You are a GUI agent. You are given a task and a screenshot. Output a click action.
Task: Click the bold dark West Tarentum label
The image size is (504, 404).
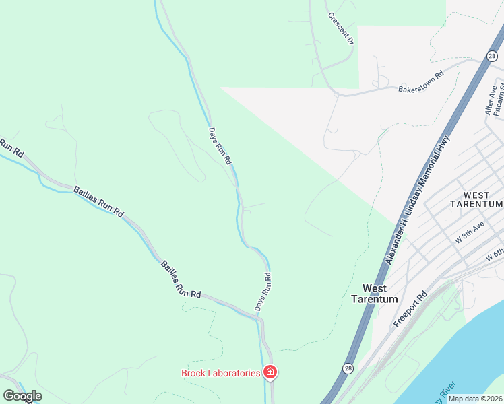click(375, 294)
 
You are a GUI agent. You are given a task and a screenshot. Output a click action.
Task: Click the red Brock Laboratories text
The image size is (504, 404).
click(220, 373)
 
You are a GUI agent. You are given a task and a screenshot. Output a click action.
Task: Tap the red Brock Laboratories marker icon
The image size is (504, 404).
click(270, 372)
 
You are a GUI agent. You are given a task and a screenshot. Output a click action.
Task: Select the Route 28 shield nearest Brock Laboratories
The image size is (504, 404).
click(347, 368)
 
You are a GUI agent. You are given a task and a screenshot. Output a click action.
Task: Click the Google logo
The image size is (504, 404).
click(22, 396)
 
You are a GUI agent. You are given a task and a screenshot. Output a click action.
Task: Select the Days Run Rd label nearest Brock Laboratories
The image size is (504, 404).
click(263, 292)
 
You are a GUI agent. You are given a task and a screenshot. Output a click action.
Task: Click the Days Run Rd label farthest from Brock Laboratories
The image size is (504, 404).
click(220, 146)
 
